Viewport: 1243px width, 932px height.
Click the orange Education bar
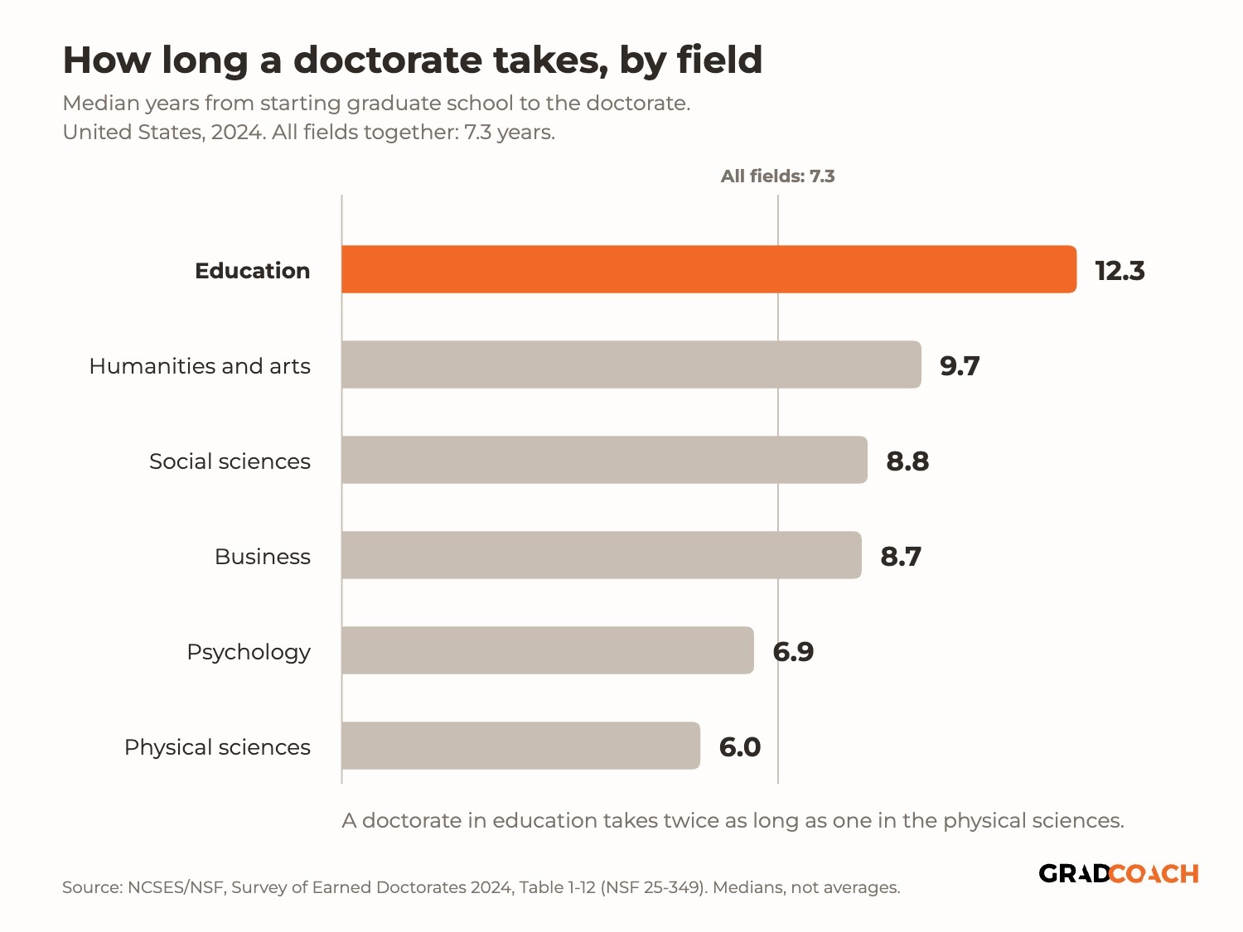click(709, 269)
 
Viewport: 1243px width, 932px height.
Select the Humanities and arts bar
click(631, 365)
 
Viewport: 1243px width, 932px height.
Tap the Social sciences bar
click(604, 460)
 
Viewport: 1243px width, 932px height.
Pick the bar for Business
click(602, 555)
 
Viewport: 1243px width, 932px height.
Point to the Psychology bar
click(548, 650)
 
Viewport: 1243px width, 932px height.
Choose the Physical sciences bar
click(521, 746)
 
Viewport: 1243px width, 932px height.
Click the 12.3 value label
click(1120, 271)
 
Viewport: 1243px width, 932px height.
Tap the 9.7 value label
click(960, 365)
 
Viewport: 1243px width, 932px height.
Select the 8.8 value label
click(907, 461)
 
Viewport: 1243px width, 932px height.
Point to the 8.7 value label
click(901, 556)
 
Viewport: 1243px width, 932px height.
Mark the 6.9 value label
click(793, 651)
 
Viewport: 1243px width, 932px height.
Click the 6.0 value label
click(739, 746)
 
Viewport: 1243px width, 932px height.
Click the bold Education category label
click(253, 271)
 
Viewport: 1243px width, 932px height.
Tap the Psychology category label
click(249, 653)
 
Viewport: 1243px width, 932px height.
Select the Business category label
click(262, 556)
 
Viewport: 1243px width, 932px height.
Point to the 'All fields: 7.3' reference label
click(777, 176)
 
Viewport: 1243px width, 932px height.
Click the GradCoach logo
click(1119, 873)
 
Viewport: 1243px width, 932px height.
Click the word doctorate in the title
click(387, 60)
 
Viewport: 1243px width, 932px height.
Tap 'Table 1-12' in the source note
click(557, 886)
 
